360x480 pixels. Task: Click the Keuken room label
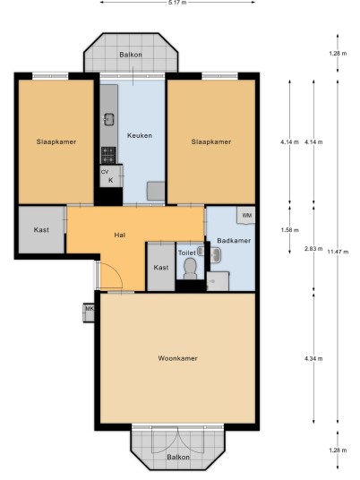[140, 135]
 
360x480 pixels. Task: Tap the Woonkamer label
[177, 358]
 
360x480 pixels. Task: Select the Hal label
[120, 236]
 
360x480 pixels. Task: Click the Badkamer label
[234, 241]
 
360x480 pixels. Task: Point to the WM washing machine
[246, 215]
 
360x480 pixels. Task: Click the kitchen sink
[108, 119]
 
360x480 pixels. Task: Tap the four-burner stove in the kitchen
[108, 155]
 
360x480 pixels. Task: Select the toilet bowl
[190, 269]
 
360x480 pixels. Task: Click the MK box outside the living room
[89, 313]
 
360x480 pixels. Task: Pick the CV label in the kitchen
[105, 172]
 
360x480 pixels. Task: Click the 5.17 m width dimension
[177, 3]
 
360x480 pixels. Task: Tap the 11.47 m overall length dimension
[338, 252]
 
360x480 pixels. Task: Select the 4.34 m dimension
[313, 358]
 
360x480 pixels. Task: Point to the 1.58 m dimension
[289, 230]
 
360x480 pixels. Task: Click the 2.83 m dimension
[313, 249]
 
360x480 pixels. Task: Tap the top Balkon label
[131, 55]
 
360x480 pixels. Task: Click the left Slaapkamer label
[56, 141]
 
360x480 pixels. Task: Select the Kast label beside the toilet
[161, 268]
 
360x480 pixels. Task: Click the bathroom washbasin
[216, 254]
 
